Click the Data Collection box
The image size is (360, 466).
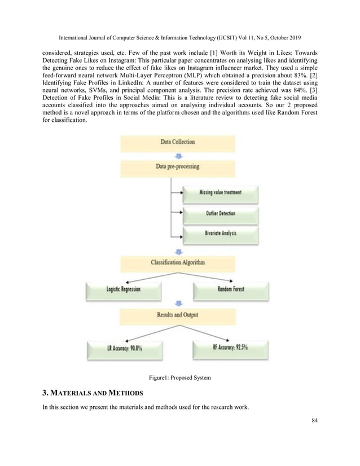[x=177, y=142]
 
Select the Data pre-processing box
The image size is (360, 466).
[x=177, y=167]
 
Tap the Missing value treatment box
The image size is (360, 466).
[x=220, y=192]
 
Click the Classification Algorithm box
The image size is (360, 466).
[x=178, y=262]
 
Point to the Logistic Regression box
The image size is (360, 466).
[x=124, y=289]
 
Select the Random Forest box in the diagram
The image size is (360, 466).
[x=230, y=289]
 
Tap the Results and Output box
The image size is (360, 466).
[x=177, y=314]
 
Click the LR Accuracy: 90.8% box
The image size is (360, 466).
[x=124, y=348]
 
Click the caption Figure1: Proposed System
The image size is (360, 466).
[x=179, y=377]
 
